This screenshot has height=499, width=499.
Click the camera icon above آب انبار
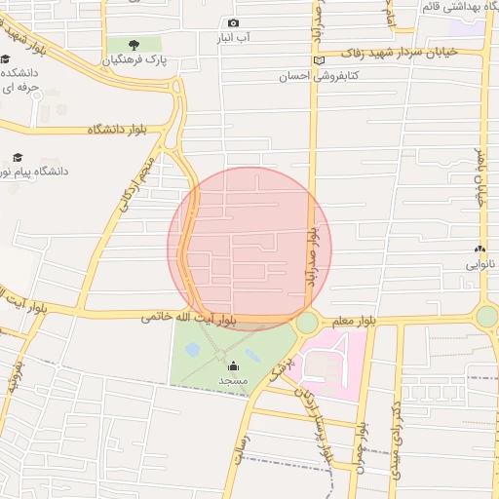[x=233, y=23]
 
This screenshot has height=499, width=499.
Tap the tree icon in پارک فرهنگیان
[x=133, y=45]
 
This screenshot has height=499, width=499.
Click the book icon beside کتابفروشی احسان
[x=318, y=60]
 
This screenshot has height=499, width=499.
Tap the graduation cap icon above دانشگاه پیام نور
[x=17, y=157]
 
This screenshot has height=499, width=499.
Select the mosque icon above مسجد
[x=232, y=365]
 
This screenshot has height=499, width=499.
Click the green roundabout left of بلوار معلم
[x=307, y=322]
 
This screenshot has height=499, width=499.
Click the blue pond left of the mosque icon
[x=193, y=349]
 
